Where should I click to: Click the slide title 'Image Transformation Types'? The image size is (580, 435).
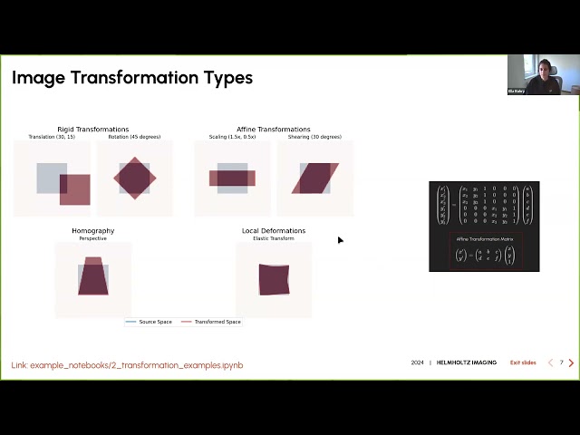pyautogui.click(x=132, y=78)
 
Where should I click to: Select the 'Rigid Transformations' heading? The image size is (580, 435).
pyautogui.click(x=93, y=130)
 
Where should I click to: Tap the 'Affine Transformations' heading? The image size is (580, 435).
pyautogui.click(x=274, y=130)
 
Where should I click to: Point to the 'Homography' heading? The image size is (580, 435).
pyautogui.click(x=93, y=231)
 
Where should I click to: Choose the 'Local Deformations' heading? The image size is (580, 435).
pyautogui.click(x=274, y=231)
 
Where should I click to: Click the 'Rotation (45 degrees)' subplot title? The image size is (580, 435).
pyautogui.click(x=135, y=137)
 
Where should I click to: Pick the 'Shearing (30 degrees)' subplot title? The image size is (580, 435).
pyautogui.click(x=314, y=137)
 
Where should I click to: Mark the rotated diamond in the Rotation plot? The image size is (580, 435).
pyautogui.click(x=135, y=178)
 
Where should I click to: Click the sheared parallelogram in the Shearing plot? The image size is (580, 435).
pyautogui.click(x=314, y=178)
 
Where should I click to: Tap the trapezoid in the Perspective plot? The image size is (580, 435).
pyautogui.click(x=93, y=277)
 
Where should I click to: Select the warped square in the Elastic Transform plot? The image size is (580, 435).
pyautogui.click(x=274, y=279)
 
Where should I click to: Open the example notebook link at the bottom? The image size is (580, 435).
pyautogui.click(x=127, y=365)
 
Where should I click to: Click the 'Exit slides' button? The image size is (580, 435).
pyautogui.click(x=523, y=362)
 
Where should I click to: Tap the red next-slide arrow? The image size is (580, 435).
pyautogui.click(x=571, y=362)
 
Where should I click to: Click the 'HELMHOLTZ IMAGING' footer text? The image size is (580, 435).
pyautogui.click(x=467, y=362)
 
